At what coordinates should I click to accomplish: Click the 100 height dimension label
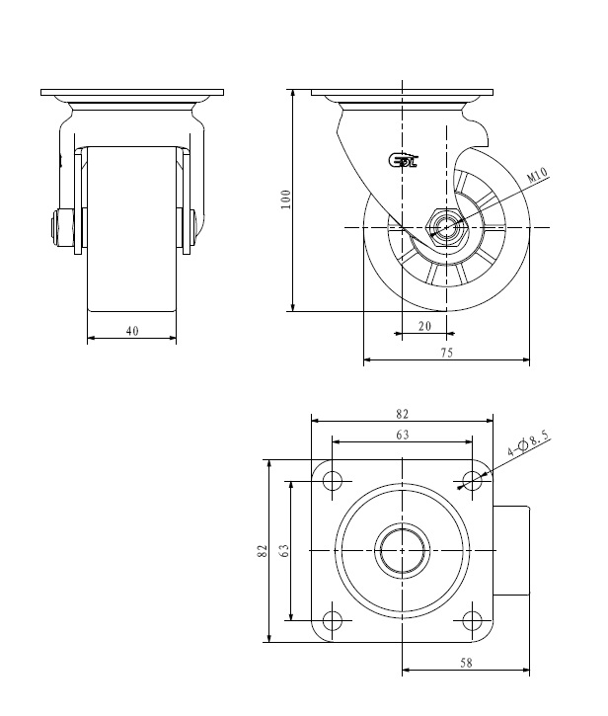[286, 199]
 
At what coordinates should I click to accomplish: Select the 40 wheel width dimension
[132, 331]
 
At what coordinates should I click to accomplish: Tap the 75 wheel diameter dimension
[447, 353]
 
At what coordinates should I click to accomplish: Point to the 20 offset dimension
[425, 326]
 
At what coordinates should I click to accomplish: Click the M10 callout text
[537, 175]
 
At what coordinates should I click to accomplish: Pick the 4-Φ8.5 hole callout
[529, 442]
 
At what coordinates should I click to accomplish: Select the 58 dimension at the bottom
[466, 663]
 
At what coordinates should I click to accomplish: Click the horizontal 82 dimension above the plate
[402, 414]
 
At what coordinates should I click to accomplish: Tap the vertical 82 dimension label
[262, 551]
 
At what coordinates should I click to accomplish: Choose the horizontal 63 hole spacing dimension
[402, 435]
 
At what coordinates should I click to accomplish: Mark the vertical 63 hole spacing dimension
[283, 551]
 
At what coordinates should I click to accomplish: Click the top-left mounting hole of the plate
[333, 481]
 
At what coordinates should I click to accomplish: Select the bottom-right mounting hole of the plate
[472, 620]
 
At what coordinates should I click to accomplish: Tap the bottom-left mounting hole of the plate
[333, 620]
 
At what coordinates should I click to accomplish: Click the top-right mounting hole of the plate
[472, 481]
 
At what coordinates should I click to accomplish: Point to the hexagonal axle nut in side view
[446, 227]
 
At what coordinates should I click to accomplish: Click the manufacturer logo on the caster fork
[403, 160]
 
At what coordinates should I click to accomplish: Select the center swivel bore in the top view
[402, 551]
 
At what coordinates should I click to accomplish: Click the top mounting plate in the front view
[132, 92]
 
